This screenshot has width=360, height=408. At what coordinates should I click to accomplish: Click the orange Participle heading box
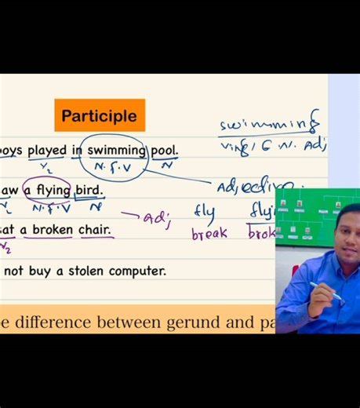pos(100,115)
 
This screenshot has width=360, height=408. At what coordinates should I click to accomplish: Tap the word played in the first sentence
pos(47,151)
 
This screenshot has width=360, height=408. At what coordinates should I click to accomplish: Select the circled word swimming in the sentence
pos(116,150)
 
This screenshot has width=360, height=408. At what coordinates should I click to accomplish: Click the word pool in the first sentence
pos(164,150)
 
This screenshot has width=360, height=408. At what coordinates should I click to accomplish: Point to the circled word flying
pos(53,190)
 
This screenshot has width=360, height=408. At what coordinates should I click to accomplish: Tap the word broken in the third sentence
pos(52,230)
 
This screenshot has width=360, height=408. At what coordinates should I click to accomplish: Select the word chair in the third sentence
pos(95,230)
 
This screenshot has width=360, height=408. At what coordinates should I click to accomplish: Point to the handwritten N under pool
pos(166,166)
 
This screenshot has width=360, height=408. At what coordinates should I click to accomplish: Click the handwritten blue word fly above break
pos(204,212)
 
